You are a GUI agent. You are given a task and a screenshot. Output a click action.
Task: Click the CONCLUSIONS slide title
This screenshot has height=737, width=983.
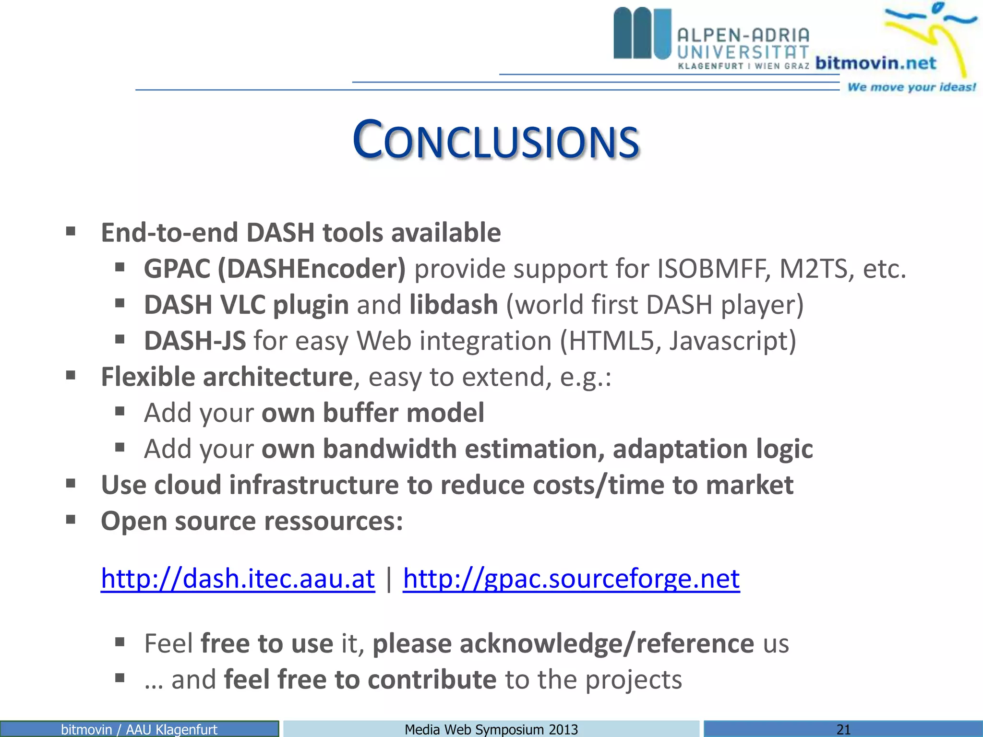tap(495, 140)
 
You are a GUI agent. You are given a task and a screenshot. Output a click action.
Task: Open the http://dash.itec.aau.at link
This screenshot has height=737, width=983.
tap(238, 578)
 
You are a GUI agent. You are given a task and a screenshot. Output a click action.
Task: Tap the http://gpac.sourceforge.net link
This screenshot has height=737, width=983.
tap(571, 578)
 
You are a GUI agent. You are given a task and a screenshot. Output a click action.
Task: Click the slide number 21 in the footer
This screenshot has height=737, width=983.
tap(843, 729)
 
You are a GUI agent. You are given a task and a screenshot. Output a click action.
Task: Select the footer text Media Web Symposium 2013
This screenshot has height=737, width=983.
tap(491, 729)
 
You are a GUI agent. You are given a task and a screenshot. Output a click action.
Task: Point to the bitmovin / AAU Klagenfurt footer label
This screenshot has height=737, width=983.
tap(139, 729)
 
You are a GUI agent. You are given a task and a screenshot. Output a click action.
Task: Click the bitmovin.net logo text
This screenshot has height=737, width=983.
tap(875, 63)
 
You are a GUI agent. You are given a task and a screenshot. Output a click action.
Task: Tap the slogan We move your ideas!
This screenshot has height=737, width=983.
tap(911, 87)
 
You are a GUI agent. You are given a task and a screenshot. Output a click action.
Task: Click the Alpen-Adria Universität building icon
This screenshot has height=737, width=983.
tap(642, 34)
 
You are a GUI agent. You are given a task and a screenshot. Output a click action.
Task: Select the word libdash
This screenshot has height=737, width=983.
tap(454, 305)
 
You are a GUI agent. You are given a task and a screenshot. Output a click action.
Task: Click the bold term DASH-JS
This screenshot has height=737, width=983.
tap(195, 341)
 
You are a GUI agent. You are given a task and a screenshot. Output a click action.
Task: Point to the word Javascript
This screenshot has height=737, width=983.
tap(732, 341)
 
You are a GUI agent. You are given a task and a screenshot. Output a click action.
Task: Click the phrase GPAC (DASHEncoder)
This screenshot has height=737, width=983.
tap(275, 269)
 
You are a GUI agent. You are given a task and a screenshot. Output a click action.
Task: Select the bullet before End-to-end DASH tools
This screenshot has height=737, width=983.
tap(71, 232)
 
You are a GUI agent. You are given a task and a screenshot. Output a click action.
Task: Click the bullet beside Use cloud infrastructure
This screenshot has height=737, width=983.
tap(71, 484)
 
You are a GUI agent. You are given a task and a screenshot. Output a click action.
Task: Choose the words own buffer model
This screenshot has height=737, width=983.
tap(372, 413)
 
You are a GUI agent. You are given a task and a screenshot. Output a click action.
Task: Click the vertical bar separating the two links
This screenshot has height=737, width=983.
tap(389, 578)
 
